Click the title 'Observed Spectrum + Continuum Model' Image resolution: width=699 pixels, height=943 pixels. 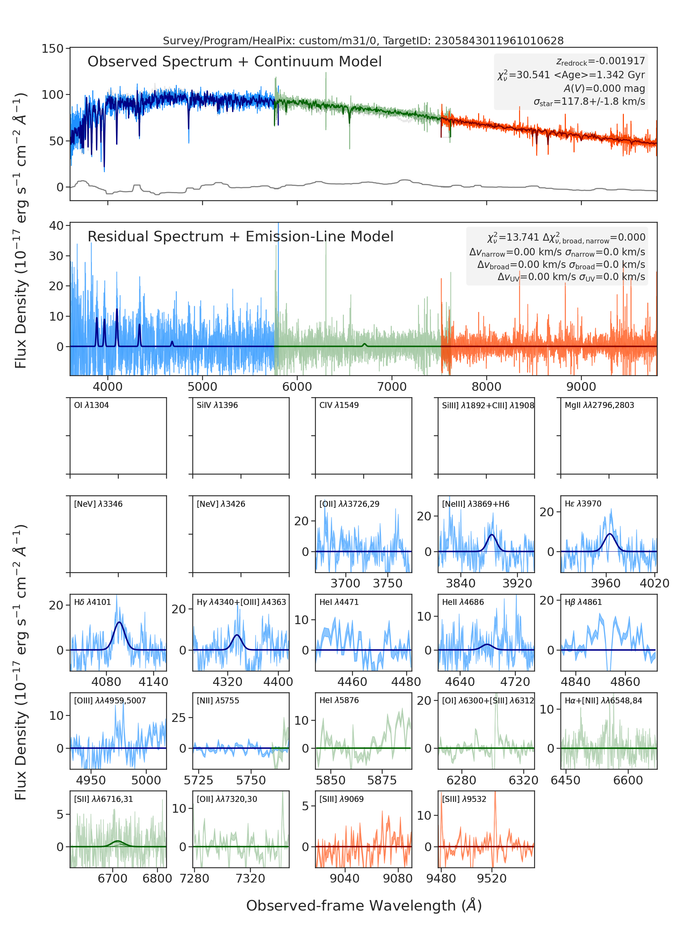(235, 62)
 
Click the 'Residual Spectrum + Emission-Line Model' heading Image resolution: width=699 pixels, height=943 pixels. (240, 236)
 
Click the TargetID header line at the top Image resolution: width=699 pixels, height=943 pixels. (363, 41)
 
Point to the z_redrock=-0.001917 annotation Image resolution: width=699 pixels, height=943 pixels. (601, 61)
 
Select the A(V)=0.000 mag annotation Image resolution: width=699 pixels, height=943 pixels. (604, 88)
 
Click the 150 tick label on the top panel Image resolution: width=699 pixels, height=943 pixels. (52, 49)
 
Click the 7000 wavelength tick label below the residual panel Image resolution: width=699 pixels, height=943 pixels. (392, 387)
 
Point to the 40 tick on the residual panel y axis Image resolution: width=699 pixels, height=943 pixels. (56, 225)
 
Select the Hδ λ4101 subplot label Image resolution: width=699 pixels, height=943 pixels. (92, 602)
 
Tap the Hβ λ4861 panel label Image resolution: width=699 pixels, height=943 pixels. (583, 602)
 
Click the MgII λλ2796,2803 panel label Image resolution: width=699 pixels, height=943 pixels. (599, 405)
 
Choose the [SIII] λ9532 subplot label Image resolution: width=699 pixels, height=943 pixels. (464, 799)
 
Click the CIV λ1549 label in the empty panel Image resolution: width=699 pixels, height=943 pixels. (339, 405)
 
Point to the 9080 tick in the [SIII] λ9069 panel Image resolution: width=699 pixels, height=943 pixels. (398, 878)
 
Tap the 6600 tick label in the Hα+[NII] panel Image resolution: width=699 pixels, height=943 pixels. (628, 780)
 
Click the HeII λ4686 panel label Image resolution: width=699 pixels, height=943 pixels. (463, 602)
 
